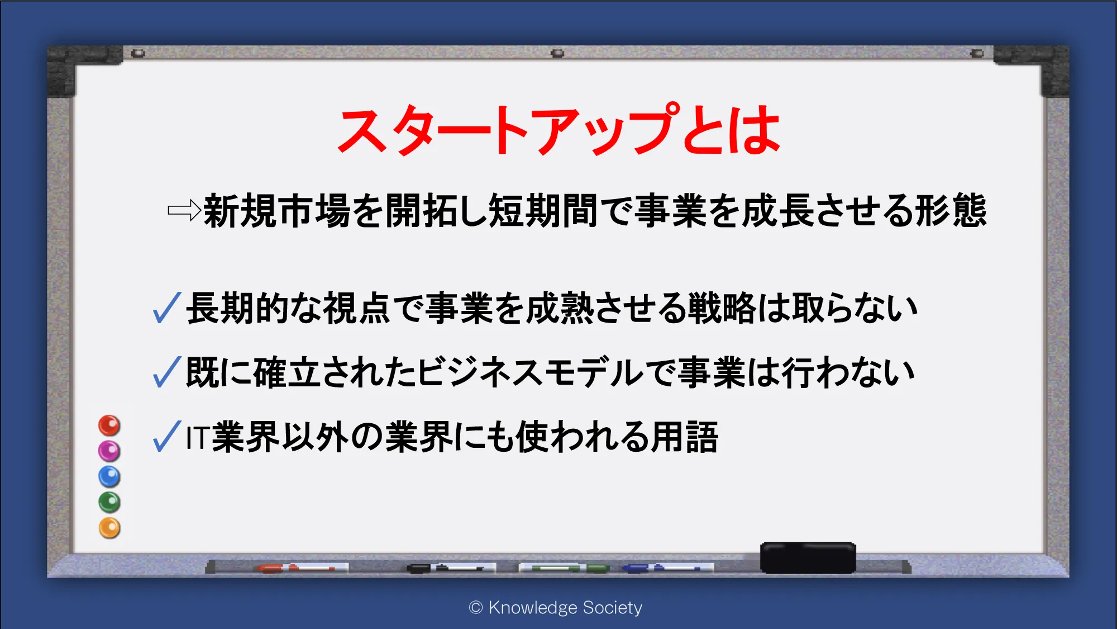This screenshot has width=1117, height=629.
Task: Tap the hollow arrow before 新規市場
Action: (184, 210)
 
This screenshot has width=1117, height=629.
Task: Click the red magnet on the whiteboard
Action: (109, 425)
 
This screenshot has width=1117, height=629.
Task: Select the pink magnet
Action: (109, 451)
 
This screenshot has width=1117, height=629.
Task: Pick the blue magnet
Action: (109, 476)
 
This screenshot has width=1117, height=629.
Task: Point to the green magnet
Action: (109, 502)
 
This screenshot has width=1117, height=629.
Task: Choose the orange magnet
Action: (109, 528)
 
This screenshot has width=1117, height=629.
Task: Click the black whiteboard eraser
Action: (808, 557)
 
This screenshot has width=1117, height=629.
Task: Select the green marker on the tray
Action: (564, 568)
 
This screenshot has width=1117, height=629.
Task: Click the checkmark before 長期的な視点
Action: (167, 308)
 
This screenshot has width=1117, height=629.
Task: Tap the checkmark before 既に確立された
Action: (167, 372)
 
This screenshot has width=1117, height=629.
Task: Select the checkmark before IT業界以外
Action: (167, 436)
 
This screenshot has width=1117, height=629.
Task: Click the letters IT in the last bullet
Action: (198, 438)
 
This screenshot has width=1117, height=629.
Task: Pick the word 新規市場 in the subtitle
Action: (277, 211)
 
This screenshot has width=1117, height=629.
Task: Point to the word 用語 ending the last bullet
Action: (685, 437)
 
